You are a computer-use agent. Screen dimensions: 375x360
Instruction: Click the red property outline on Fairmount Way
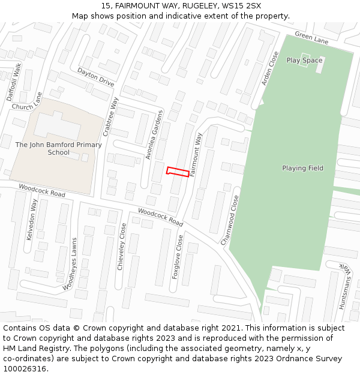178,172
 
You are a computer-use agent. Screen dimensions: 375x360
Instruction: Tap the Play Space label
304,61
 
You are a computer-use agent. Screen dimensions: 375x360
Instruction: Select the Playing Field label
302,168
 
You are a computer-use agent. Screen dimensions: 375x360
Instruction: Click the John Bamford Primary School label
58,148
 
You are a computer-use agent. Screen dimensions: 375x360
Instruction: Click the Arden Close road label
270,68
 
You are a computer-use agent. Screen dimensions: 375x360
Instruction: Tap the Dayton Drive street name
95,78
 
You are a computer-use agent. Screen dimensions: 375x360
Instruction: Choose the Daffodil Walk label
14,82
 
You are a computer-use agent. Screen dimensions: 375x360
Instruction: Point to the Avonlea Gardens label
154,135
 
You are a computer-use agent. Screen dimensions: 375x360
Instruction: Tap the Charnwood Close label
230,220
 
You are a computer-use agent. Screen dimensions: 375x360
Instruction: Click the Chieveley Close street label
121,247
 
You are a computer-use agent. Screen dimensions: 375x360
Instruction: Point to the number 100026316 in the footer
24,368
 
